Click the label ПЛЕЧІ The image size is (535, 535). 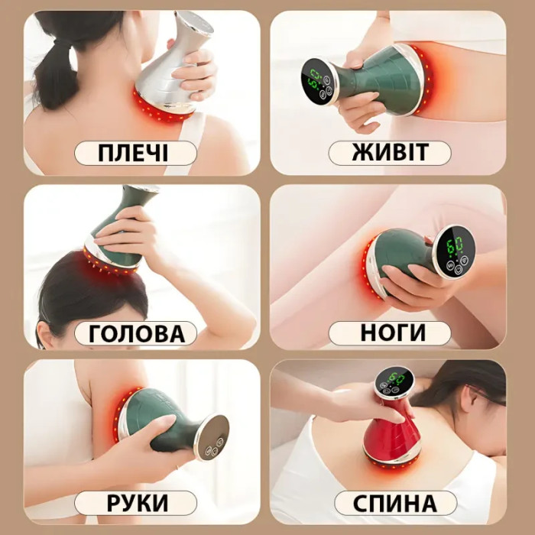tap(135, 154)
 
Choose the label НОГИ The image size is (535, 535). tap(390, 333)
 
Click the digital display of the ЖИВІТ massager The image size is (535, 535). tap(316, 84)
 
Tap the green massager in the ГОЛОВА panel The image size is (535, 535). tap(118, 229)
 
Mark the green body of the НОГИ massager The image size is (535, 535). tap(401, 256)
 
